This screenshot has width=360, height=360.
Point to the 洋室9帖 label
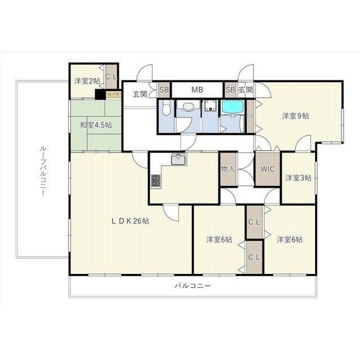(295, 116)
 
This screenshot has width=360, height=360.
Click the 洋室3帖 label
(298, 178)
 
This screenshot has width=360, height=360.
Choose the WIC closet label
(267, 169)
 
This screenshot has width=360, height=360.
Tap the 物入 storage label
(228, 169)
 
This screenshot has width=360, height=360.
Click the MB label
(197, 90)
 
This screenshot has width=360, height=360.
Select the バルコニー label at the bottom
(192, 286)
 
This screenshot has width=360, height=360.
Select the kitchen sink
(179, 160)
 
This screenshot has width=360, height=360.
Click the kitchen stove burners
(156, 181)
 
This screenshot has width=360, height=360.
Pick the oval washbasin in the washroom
(188, 107)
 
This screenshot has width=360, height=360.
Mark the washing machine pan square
(210, 106)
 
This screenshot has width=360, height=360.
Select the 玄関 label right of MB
(245, 90)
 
